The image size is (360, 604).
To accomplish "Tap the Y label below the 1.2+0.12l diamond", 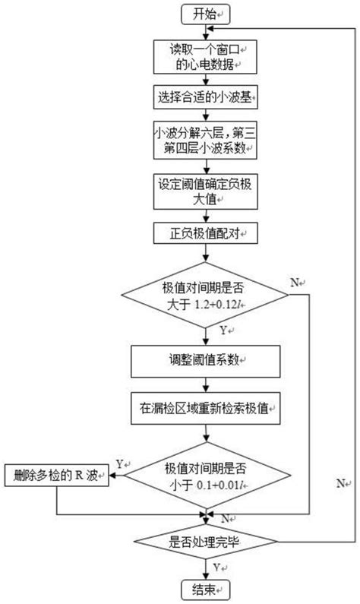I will pos(224,331).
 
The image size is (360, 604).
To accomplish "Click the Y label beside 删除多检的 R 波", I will pos(121,464).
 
